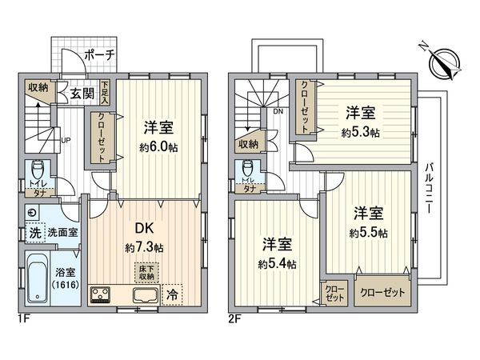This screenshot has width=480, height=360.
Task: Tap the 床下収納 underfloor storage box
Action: pyautogui.click(x=146, y=272)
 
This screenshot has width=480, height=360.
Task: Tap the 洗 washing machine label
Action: pyautogui.click(x=34, y=234)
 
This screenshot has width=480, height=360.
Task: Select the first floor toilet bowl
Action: pyautogui.click(x=37, y=172)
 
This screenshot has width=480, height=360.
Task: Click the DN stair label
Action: pyautogui.click(x=278, y=111)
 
